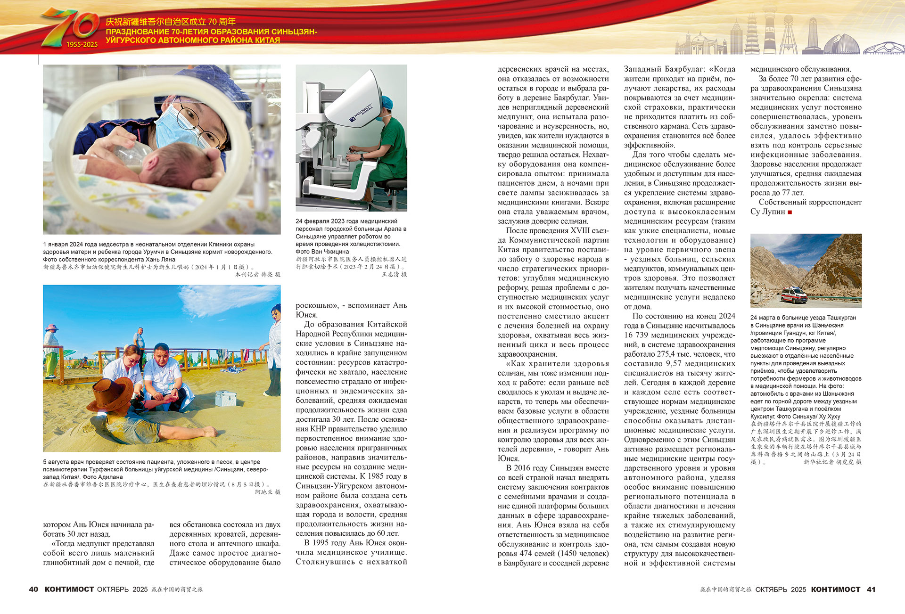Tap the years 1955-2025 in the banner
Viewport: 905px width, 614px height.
coord(82,45)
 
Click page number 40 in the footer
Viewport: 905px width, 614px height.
coord(33,589)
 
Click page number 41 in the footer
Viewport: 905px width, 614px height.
coord(871,589)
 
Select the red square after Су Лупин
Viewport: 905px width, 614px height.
coord(790,212)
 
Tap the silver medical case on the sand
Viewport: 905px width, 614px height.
coord(225,399)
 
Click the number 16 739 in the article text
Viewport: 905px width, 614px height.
coord(637,335)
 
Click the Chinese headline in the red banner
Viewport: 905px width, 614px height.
coord(171,22)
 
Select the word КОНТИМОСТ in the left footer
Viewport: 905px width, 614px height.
coord(69,589)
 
